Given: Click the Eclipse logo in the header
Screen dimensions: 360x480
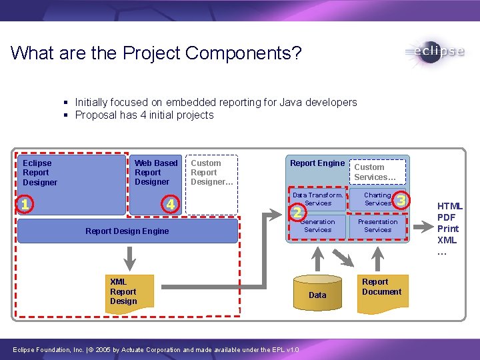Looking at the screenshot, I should click(x=434, y=53).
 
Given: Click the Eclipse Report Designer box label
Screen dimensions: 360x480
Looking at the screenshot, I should click(x=40, y=173).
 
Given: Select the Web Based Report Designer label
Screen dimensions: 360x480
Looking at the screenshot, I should click(x=156, y=173).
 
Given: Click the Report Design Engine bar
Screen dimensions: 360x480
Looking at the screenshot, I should click(x=127, y=231).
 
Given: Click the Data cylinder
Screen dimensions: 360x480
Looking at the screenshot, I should click(x=318, y=291).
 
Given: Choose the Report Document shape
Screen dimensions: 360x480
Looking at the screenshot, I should click(x=381, y=287).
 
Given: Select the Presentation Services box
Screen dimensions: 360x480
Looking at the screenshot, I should click(x=377, y=226).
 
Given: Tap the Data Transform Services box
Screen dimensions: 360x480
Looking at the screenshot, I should click(x=318, y=199).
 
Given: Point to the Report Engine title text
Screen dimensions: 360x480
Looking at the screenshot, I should click(x=317, y=163).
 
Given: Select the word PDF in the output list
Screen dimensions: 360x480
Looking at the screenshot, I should click(x=447, y=217).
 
